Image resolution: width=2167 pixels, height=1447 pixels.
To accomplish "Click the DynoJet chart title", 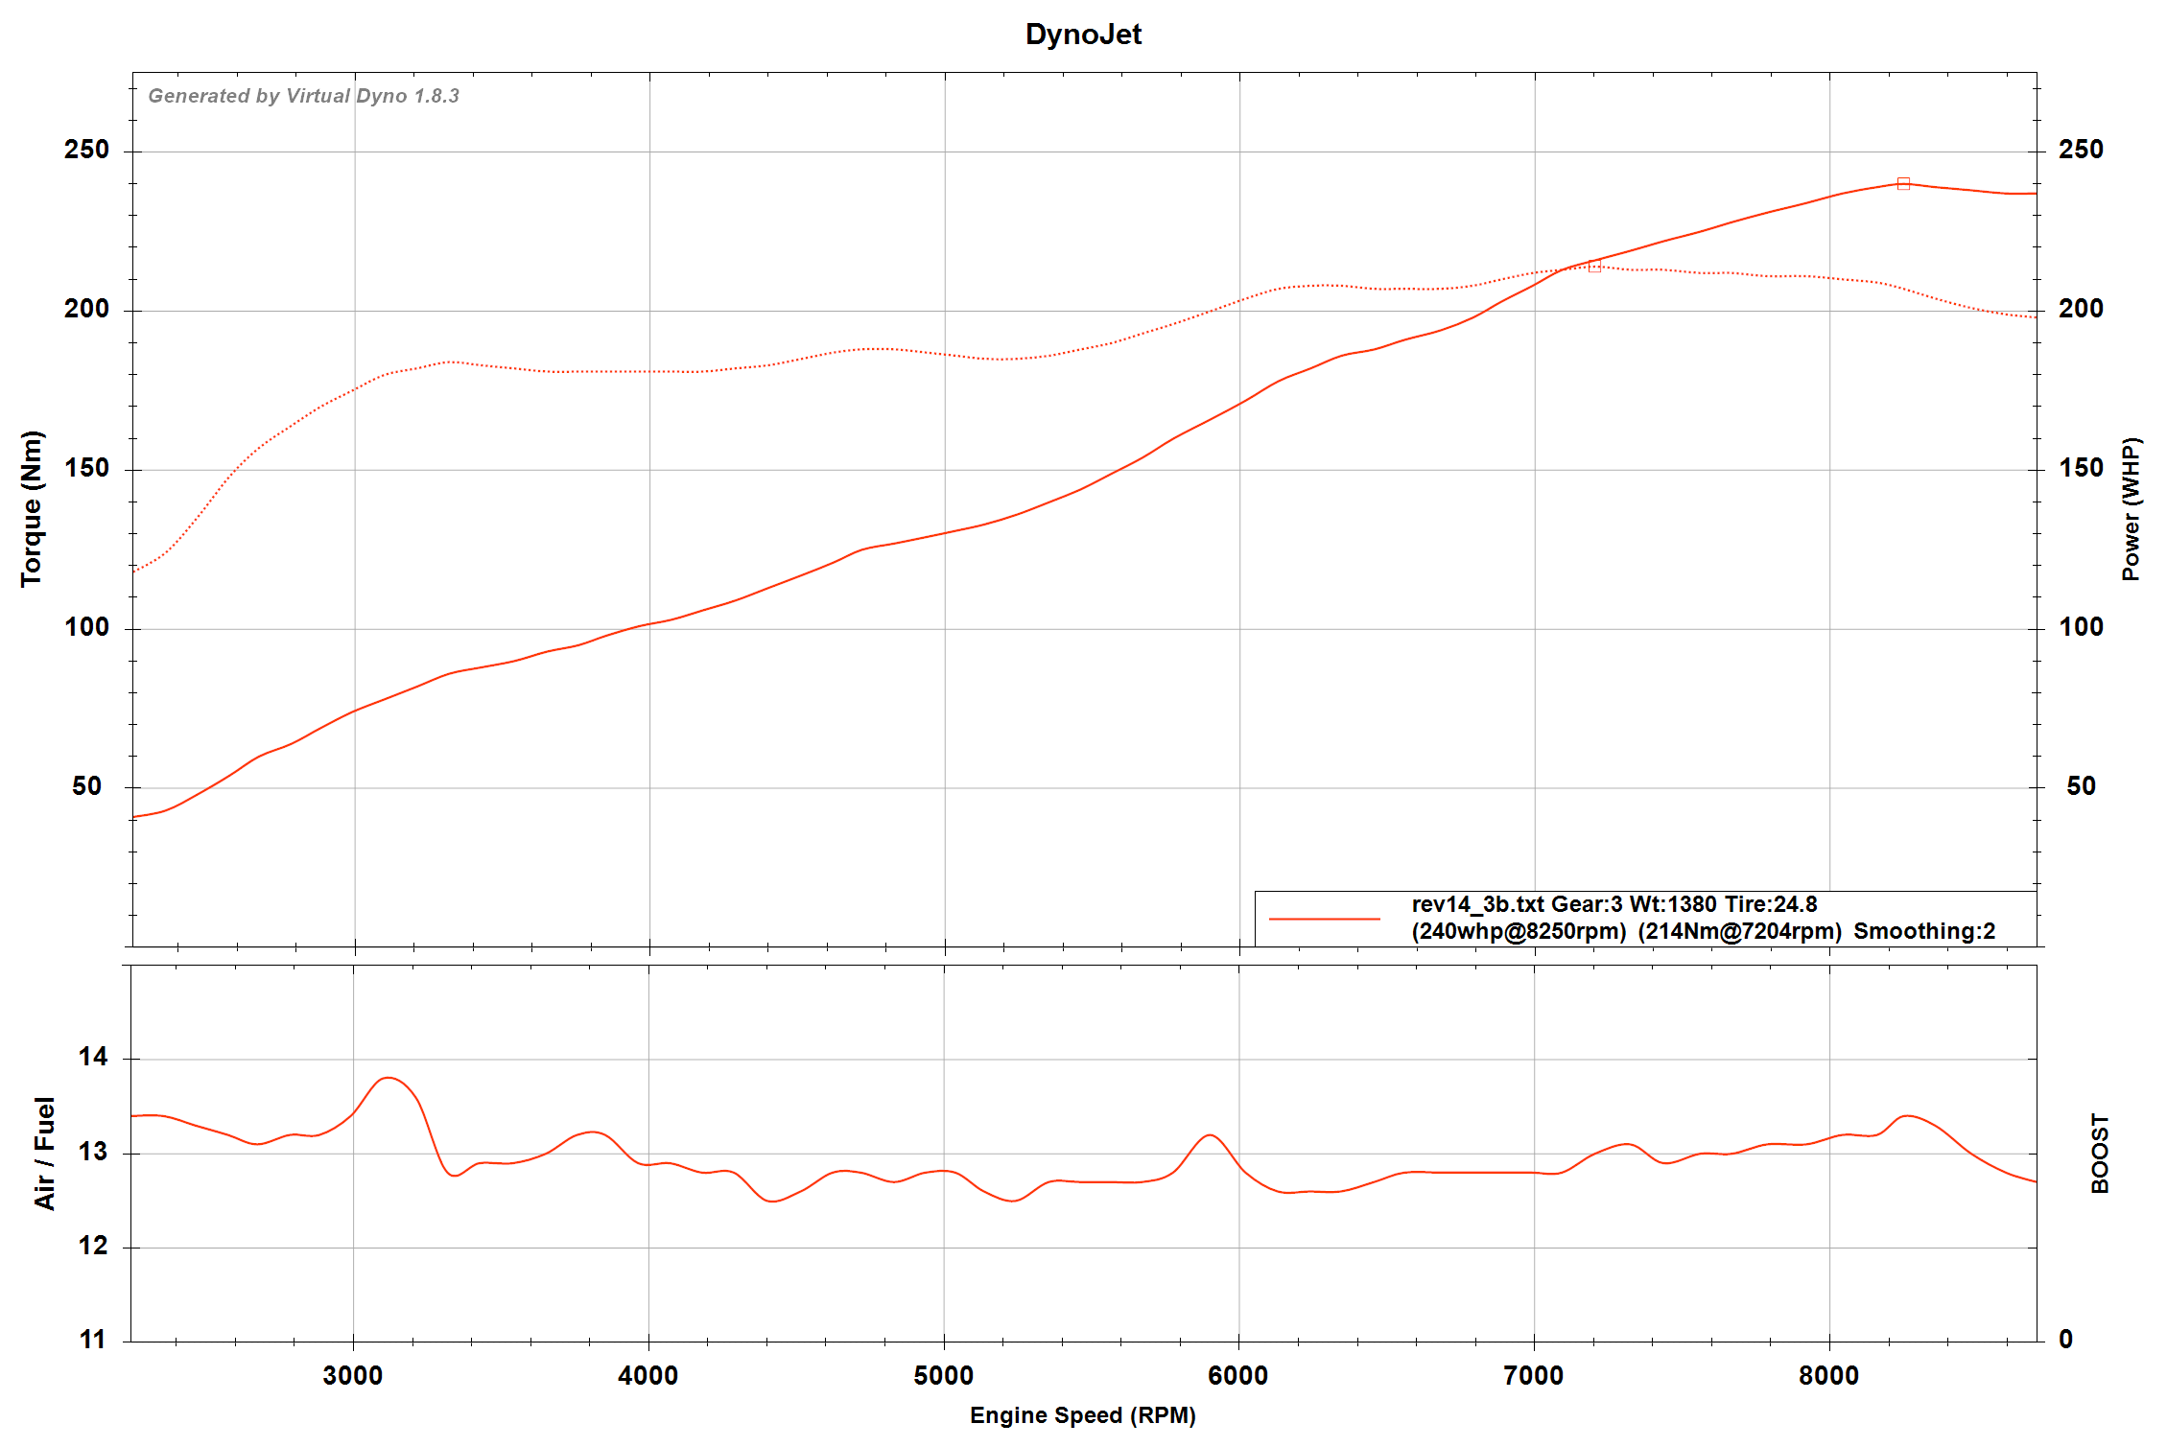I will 1083,35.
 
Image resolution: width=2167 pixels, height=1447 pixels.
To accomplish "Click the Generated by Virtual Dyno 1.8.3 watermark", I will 303,96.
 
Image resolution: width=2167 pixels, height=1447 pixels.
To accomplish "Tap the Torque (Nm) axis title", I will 32,508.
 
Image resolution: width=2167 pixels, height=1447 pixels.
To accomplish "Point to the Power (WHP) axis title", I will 2130,508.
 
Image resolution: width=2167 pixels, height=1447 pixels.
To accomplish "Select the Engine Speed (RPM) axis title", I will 1082,1415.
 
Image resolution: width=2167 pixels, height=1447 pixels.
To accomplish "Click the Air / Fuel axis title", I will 45,1153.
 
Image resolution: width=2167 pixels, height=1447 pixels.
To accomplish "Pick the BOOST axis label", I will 2100,1153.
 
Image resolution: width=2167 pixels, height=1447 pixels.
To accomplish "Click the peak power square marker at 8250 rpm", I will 1903,183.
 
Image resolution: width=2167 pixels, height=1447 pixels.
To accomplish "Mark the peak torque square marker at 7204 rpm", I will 1594,266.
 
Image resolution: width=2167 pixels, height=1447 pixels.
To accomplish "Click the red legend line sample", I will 1324,919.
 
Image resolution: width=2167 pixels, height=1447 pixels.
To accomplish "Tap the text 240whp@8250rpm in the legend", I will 1519,931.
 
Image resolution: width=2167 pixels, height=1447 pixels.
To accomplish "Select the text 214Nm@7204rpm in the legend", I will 1739,931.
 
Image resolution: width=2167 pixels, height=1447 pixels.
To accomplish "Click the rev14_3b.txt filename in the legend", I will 1477,904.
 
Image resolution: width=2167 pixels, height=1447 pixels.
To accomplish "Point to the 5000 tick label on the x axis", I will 943,1376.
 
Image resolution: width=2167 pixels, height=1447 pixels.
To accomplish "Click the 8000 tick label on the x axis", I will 1828,1376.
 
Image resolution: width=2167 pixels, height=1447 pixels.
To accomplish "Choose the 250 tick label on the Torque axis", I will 86,150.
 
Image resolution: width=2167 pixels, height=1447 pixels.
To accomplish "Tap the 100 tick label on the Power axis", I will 2081,627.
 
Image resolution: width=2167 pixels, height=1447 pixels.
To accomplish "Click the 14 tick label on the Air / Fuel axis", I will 93,1057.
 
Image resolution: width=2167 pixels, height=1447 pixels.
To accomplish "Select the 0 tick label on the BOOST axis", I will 2065,1340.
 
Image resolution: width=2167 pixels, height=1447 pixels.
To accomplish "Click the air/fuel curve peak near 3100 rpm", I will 388,1078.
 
